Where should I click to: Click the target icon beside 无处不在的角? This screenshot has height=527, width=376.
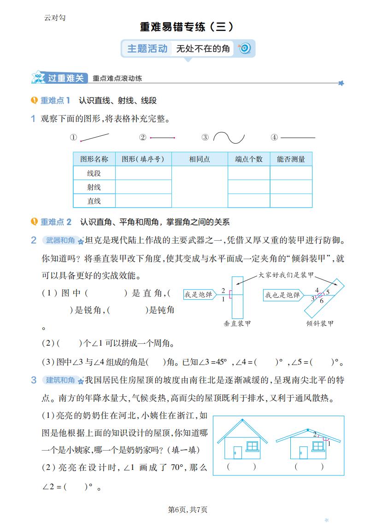click(x=245, y=48)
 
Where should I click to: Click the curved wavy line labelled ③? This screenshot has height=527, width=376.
click(x=229, y=138)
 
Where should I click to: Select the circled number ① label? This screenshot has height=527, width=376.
click(x=73, y=138)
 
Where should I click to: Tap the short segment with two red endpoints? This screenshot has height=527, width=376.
click(x=162, y=138)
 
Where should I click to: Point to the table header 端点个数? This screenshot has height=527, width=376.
click(x=249, y=159)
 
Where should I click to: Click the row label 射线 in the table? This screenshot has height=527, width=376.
click(x=94, y=187)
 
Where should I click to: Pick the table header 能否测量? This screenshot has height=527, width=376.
click(x=291, y=159)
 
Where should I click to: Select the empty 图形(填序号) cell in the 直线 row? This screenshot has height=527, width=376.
click(x=143, y=201)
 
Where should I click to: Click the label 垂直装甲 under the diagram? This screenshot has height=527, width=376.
click(x=238, y=324)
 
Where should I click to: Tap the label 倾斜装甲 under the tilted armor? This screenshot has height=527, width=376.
click(x=320, y=324)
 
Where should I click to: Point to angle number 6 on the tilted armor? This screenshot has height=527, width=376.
click(x=322, y=301)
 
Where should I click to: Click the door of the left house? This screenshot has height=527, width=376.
click(x=237, y=452)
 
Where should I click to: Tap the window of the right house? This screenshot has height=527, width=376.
click(x=318, y=446)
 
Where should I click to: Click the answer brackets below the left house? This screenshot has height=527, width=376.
click(x=241, y=466)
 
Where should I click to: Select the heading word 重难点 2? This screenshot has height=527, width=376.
click(x=56, y=222)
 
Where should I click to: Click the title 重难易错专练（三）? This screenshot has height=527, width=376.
click(x=187, y=27)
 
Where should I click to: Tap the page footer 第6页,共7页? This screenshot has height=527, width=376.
click(x=188, y=510)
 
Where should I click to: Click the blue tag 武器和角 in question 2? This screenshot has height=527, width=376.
click(x=60, y=240)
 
